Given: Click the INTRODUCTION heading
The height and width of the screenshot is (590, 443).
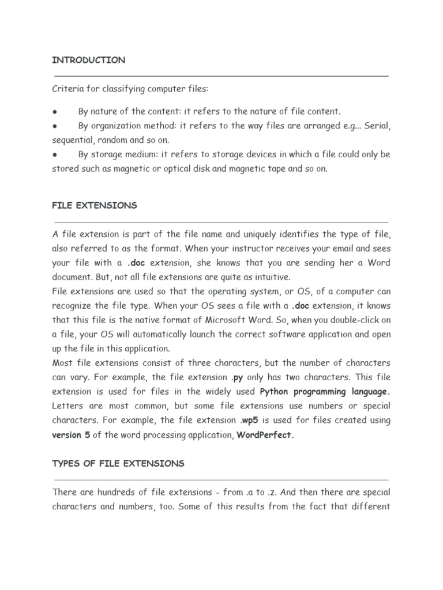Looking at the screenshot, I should pyautogui.click(x=88, y=60).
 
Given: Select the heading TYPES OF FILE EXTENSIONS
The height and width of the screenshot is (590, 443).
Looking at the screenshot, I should pyautogui.click(x=118, y=463).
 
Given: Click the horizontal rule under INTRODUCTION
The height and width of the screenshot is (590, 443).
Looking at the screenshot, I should pyautogui.click(x=221, y=75).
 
